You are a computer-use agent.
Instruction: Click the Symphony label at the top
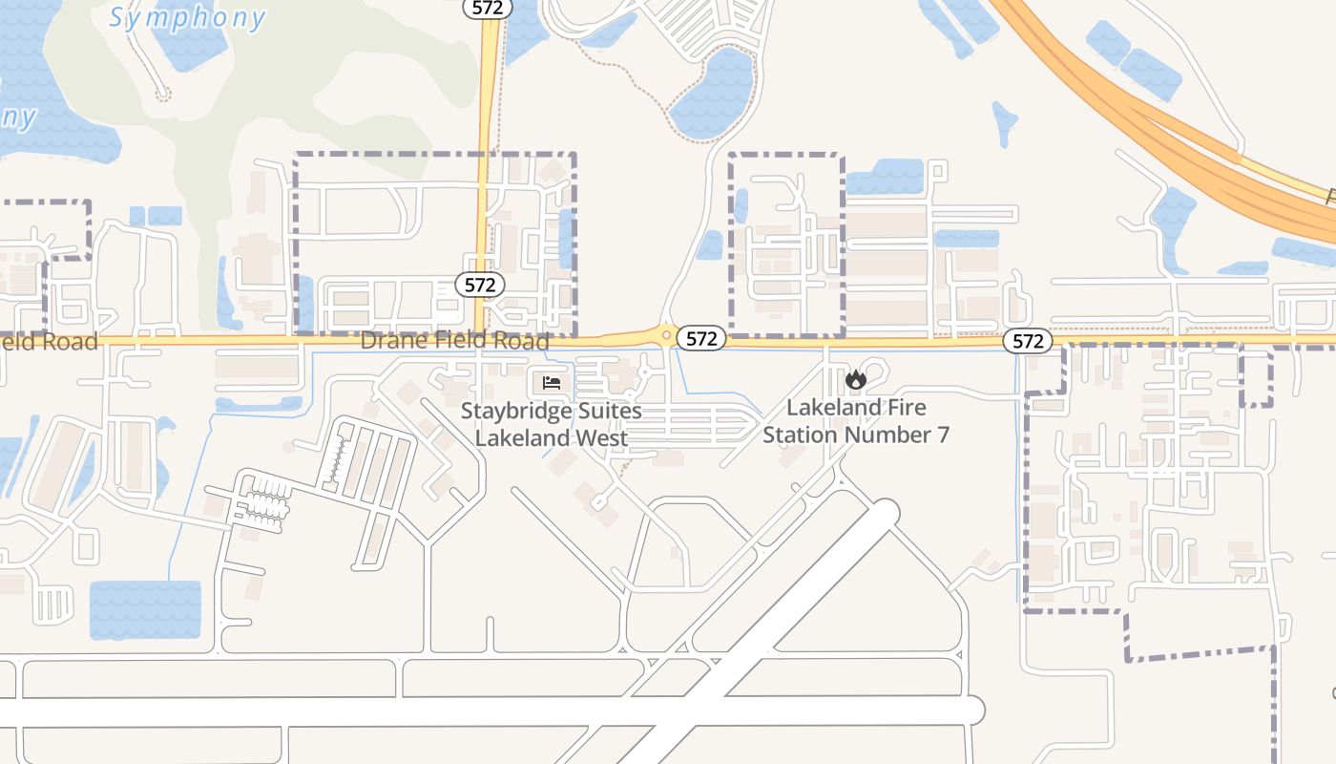[186, 17]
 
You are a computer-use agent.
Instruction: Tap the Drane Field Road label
[454, 341]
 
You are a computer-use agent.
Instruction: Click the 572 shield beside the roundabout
[701, 338]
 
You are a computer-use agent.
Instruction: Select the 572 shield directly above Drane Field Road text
[480, 285]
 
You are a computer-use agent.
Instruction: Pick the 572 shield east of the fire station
[1028, 341]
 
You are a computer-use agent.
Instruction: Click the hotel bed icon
[551, 382]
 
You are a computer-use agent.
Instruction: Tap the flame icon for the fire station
[855, 380]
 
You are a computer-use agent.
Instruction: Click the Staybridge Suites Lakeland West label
[552, 425]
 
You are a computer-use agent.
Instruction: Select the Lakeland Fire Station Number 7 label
[856, 421]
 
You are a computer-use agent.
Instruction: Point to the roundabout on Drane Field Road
[665, 334]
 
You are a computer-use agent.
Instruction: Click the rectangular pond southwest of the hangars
[145, 609]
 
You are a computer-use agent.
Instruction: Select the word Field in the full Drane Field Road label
[455, 341]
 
